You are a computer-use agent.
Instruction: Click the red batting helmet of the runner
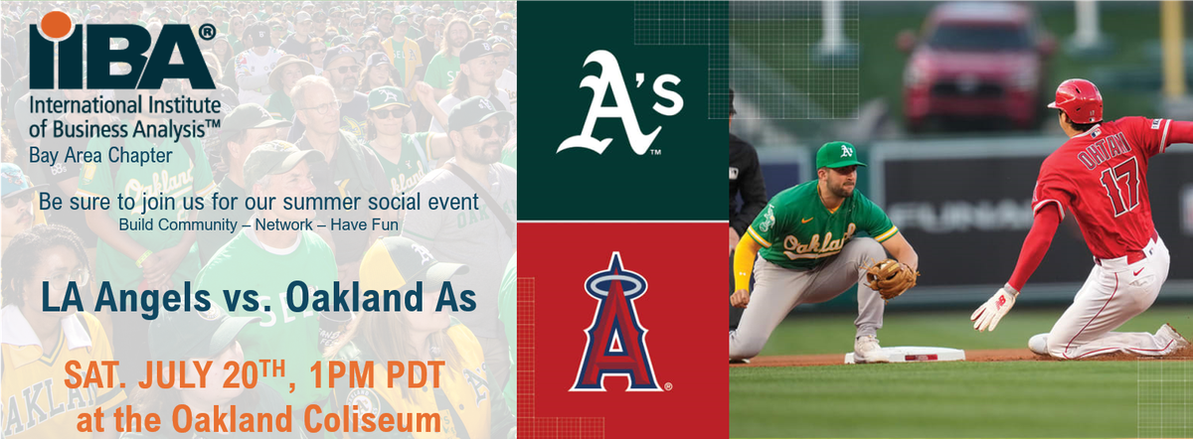coord(1077,99)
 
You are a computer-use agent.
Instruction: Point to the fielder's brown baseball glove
coord(890,278)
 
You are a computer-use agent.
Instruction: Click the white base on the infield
coord(905,354)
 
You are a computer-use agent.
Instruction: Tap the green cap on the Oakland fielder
coord(839,155)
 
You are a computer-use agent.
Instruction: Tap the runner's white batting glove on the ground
coord(992,307)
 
